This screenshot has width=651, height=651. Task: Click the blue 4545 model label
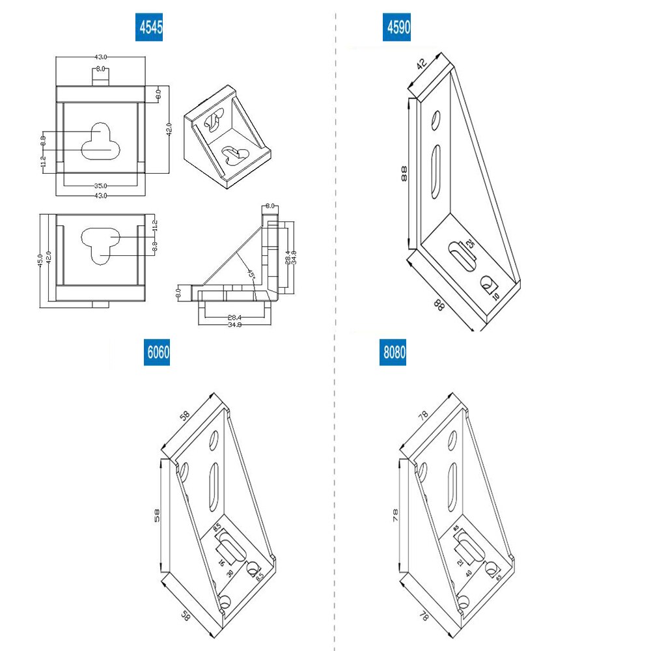(x=148, y=27)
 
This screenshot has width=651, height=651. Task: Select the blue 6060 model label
(x=157, y=353)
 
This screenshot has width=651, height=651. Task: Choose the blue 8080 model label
(x=393, y=353)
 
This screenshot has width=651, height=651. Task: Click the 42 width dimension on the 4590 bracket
(x=422, y=64)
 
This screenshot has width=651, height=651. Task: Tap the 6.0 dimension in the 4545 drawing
(x=158, y=94)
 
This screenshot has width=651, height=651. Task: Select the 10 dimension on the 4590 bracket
(x=495, y=296)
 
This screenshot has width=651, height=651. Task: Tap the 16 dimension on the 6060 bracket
(x=221, y=562)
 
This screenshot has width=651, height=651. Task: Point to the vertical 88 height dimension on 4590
(x=404, y=173)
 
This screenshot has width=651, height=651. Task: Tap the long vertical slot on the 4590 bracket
(x=434, y=171)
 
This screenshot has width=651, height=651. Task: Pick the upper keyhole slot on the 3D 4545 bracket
(x=214, y=118)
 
